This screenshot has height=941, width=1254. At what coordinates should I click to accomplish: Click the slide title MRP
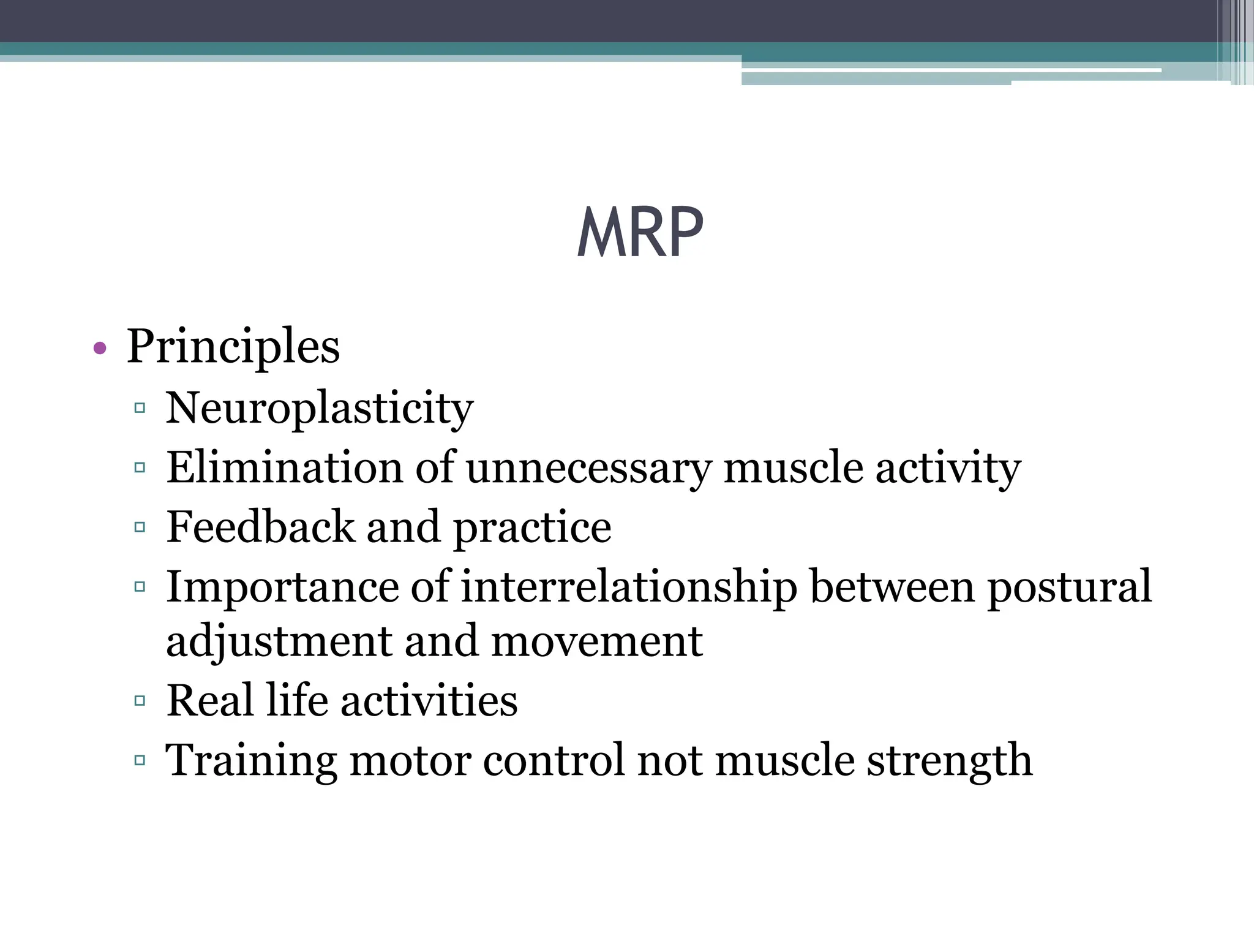click(x=640, y=233)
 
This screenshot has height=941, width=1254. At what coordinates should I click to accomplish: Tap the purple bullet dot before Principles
click(x=100, y=349)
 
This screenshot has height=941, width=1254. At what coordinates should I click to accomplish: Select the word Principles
click(x=233, y=347)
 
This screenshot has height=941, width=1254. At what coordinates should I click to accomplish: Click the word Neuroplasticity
click(x=319, y=409)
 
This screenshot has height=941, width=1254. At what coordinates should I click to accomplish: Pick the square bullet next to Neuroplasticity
click(x=140, y=408)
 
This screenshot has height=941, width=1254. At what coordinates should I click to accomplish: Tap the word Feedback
click(x=260, y=527)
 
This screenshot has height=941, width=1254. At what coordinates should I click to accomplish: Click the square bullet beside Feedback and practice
click(x=140, y=527)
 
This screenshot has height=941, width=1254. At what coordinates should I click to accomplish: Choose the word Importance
click(x=282, y=587)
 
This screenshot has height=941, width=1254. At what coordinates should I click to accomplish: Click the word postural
click(x=1069, y=587)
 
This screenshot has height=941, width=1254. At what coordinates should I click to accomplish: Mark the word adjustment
click(x=279, y=642)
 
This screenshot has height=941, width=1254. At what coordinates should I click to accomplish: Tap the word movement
click(x=596, y=642)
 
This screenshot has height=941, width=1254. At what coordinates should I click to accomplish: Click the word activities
click(x=429, y=700)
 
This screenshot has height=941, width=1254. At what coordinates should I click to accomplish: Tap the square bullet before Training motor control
click(x=140, y=760)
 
